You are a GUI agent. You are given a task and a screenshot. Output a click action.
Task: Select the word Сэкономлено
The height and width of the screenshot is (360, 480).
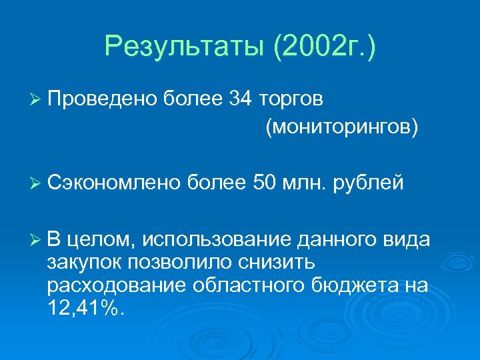(113, 182)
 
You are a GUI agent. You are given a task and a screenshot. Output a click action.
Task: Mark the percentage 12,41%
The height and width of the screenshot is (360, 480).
(85, 307)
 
